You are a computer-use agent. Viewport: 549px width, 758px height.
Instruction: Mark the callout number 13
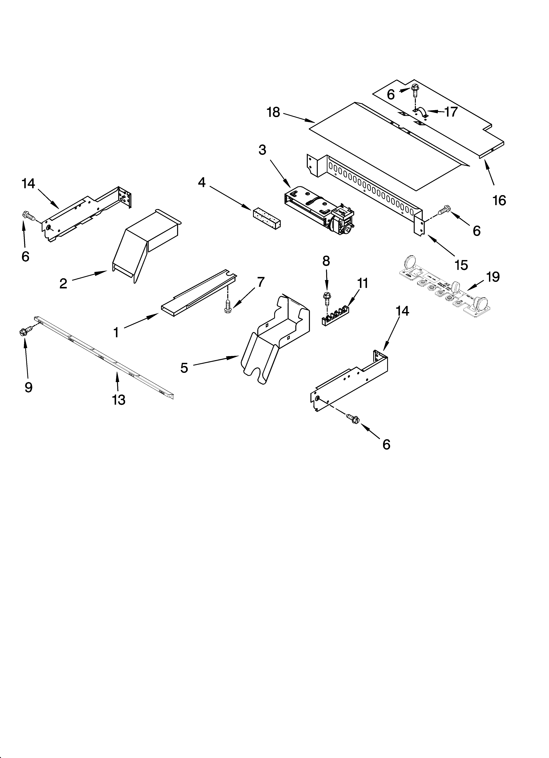[x=119, y=400]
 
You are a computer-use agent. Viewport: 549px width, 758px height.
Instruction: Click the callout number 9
[x=28, y=387]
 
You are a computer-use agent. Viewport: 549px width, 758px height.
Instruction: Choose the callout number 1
[x=116, y=333]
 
